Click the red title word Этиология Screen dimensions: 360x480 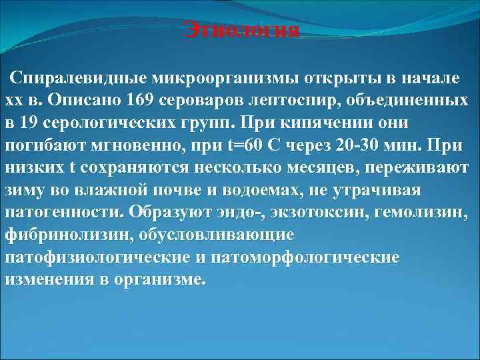(241, 31)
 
